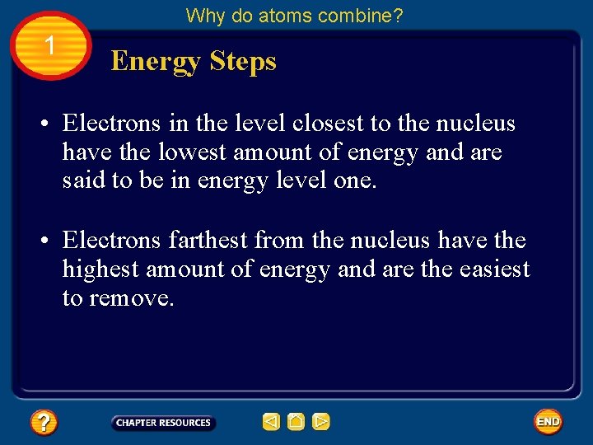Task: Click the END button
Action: pos(548,422)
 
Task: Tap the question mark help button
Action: pos(44,423)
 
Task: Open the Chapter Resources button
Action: pos(163,423)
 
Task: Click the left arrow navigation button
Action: pos(271,422)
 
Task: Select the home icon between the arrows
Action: pos(296,422)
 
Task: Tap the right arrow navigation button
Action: pos(321,422)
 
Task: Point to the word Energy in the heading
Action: pos(156,62)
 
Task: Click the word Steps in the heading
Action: pos(243,62)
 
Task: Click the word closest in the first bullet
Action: pos(329,124)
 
